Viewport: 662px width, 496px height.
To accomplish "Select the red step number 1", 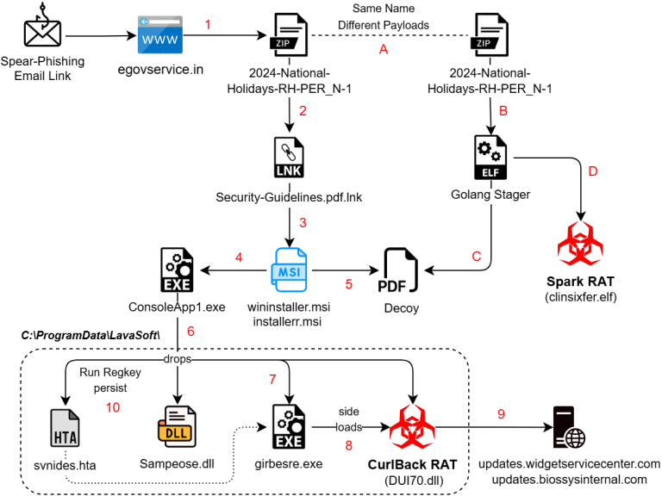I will click(208, 25).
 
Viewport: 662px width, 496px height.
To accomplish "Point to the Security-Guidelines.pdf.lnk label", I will click(289, 197).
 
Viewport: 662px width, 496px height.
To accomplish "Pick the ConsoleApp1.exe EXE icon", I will click(178, 269).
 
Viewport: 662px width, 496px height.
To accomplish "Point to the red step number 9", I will click(501, 414).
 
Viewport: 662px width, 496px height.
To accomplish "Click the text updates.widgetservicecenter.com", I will click(569, 464).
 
